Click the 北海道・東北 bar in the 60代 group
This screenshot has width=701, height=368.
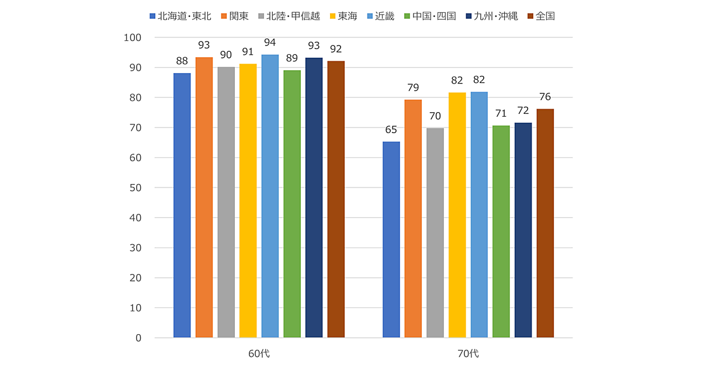coord(182,205)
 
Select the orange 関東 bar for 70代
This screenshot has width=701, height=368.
coord(413,218)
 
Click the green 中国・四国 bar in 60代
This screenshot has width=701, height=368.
coord(292,204)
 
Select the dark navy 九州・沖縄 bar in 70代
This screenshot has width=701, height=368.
coord(523,230)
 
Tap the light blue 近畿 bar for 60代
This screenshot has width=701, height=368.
coord(270,196)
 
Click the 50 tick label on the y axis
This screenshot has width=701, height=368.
coord(135,188)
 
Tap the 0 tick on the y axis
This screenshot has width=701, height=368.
coord(138,338)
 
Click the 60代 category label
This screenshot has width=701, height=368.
coord(259,353)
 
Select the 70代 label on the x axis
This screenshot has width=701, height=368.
coord(468,353)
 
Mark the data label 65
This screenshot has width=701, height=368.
coord(391,129)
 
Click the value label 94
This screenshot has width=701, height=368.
coord(270,42)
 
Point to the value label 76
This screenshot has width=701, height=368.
coord(545,96)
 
